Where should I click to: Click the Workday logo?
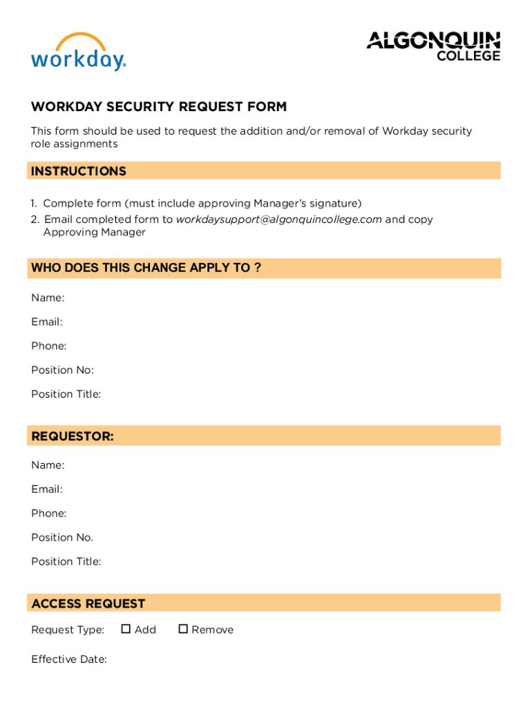pyautogui.click(x=78, y=52)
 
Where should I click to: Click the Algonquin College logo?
pyautogui.click(x=433, y=46)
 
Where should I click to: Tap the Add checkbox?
pyautogui.click(x=126, y=629)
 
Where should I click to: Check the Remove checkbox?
pyautogui.click(x=183, y=629)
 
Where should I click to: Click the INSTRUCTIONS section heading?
pyautogui.click(x=79, y=171)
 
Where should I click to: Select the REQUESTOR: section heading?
pyautogui.click(x=73, y=436)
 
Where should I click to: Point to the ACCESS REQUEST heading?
pyautogui.click(x=88, y=603)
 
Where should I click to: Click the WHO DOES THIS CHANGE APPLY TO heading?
pyautogui.click(x=146, y=268)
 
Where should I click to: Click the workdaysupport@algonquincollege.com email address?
pyautogui.click(x=278, y=220)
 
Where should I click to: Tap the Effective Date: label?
pyautogui.click(x=69, y=659)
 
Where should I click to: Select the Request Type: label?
pyautogui.click(x=68, y=630)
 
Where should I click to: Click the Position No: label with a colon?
pyautogui.click(x=62, y=370)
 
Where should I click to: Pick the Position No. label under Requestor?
pyautogui.click(x=62, y=537)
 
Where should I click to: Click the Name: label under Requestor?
pyautogui.click(x=48, y=465)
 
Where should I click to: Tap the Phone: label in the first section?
pyautogui.click(x=49, y=346)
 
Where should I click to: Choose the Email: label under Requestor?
pyautogui.click(x=47, y=490)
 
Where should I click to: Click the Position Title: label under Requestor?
pyautogui.click(x=66, y=561)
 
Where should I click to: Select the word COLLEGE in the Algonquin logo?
pyautogui.click(x=468, y=56)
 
